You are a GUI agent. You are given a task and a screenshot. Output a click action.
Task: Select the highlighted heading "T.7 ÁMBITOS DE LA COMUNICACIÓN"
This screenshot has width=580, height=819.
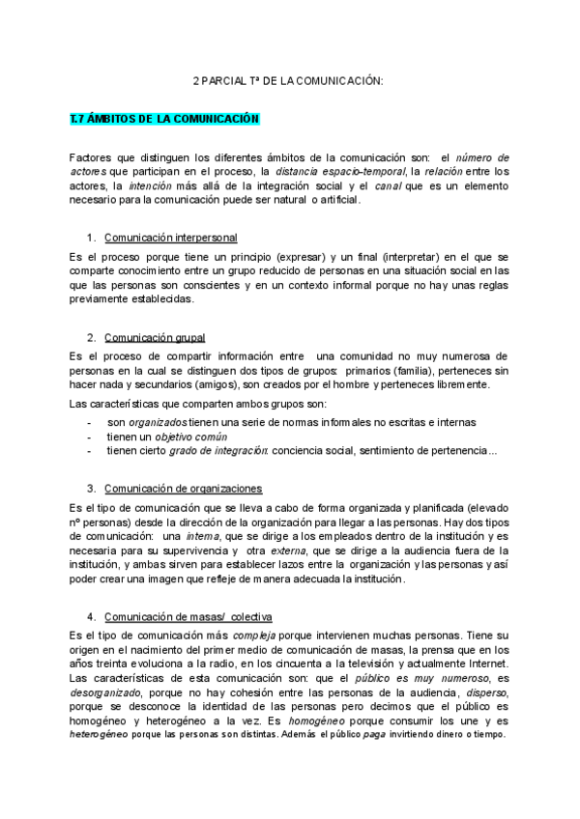(165, 119)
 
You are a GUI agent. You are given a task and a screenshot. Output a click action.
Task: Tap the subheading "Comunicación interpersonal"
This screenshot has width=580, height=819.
(171, 238)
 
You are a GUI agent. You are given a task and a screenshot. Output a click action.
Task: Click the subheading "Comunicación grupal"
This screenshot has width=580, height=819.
(155, 337)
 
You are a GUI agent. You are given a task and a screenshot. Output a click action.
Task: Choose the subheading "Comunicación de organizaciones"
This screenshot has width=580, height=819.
(183, 489)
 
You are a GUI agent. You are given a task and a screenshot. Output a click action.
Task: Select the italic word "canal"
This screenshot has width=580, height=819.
(388, 185)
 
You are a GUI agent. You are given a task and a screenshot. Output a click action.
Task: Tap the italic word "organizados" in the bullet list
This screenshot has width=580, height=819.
(158, 422)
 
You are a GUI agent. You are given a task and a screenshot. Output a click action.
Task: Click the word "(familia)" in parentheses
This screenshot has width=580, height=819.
(412, 371)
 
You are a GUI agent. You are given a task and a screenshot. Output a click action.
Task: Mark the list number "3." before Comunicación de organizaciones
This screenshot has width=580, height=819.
(91, 489)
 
